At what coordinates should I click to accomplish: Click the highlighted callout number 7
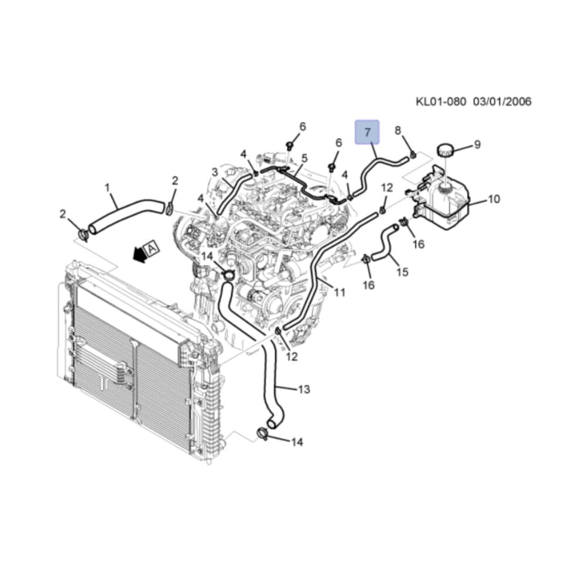pyautogui.click(x=367, y=132)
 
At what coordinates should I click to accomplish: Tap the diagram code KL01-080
pyautogui.click(x=441, y=101)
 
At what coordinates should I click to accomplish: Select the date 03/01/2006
pyautogui.click(x=502, y=101)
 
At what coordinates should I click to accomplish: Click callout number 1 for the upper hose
pyautogui.click(x=107, y=187)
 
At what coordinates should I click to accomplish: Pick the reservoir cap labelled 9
pyautogui.click(x=445, y=150)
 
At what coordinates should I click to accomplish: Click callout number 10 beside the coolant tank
pyautogui.click(x=494, y=198)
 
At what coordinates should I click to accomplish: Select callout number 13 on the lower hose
pyautogui.click(x=304, y=389)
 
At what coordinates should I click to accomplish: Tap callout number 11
pyautogui.click(x=340, y=293)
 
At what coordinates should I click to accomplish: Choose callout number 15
pyautogui.click(x=403, y=272)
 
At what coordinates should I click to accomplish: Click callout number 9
pyautogui.click(x=477, y=145)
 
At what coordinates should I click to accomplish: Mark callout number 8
pyautogui.click(x=397, y=131)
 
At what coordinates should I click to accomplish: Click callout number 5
pyautogui.click(x=304, y=157)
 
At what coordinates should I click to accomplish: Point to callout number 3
pyautogui.click(x=215, y=172)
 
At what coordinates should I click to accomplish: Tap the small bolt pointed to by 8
pyautogui.click(x=413, y=155)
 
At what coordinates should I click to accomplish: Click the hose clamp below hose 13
pyautogui.click(x=263, y=433)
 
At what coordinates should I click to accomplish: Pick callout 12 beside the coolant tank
pyautogui.click(x=387, y=187)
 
